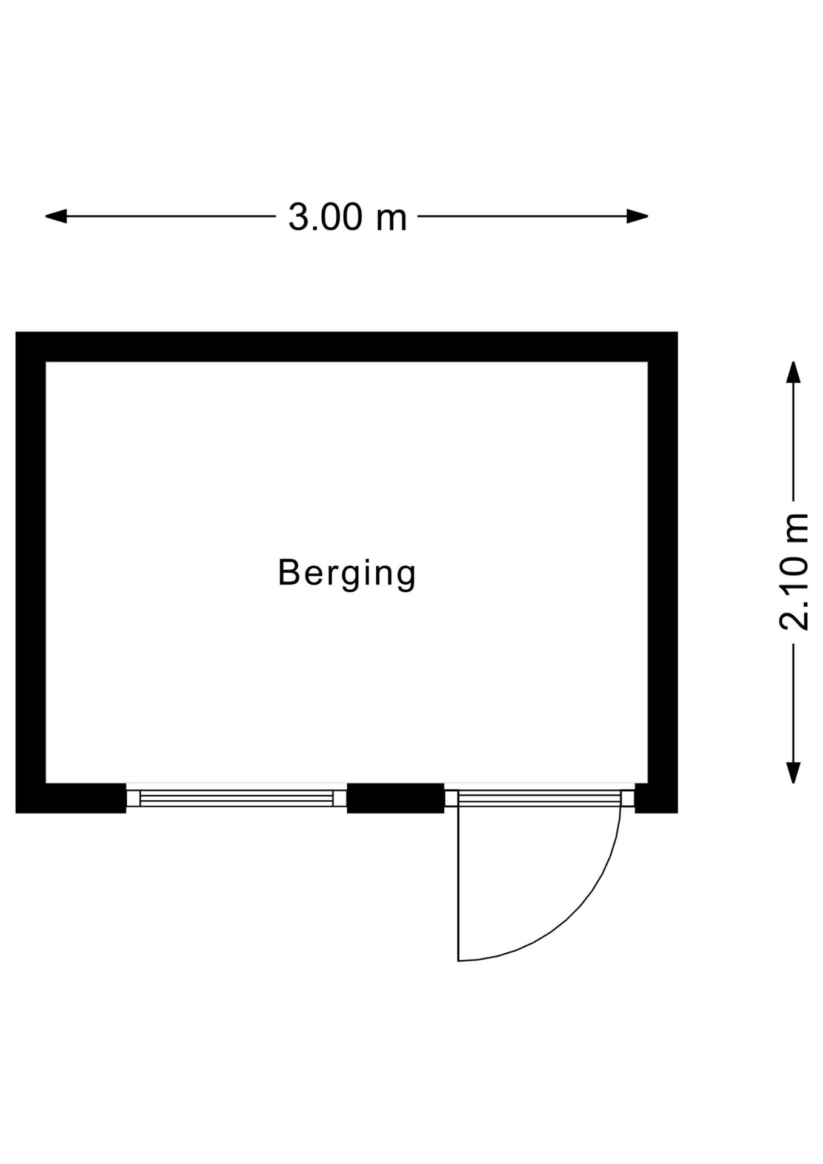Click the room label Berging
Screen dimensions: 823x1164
click(347, 573)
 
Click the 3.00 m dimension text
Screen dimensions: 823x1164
click(347, 217)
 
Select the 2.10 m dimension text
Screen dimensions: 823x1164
click(793, 572)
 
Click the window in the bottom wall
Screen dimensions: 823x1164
click(236, 798)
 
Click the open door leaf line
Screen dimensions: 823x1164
click(458, 884)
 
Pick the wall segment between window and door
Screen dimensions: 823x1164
click(395, 798)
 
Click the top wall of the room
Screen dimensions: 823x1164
click(347, 347)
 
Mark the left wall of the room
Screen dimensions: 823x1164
click(31, 572)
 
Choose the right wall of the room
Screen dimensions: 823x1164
click(663, 572)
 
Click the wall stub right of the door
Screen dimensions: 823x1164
click(656, 798)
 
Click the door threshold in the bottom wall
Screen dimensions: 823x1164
click(539, 798)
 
